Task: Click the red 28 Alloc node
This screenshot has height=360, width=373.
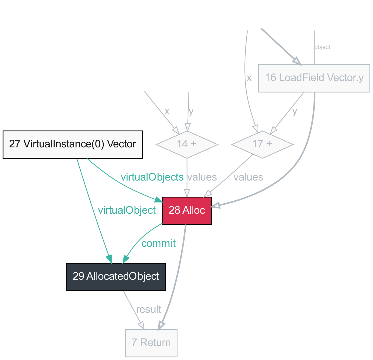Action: tap(187, 211)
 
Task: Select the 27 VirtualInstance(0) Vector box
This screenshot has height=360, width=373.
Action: tap(72, 144)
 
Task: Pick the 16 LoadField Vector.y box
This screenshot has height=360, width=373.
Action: tap(314, 78)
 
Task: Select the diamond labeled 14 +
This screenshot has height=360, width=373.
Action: tap(187, 144)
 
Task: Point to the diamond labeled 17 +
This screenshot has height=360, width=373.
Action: tap(262, 144)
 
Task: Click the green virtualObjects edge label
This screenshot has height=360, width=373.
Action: tap(152, 178)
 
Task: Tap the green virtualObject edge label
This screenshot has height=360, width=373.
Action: tap(127, 210)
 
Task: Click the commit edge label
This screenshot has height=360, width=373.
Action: tap(158, 244)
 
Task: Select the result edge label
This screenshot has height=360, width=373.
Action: tap(148, 310)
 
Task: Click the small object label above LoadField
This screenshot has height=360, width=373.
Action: tap(322, 47)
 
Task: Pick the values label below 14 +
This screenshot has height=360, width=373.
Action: tap(202, 178)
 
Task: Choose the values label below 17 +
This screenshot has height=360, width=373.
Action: tap(248, 178)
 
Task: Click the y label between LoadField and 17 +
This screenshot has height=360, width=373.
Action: tap(295, 112)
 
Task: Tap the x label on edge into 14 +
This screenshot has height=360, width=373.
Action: tap(167, 112)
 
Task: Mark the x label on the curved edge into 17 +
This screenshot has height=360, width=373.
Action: tap(249, 78)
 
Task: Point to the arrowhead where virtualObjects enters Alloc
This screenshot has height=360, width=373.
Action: tap(159, 200)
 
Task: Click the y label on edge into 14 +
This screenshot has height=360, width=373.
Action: tap(191, 112)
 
